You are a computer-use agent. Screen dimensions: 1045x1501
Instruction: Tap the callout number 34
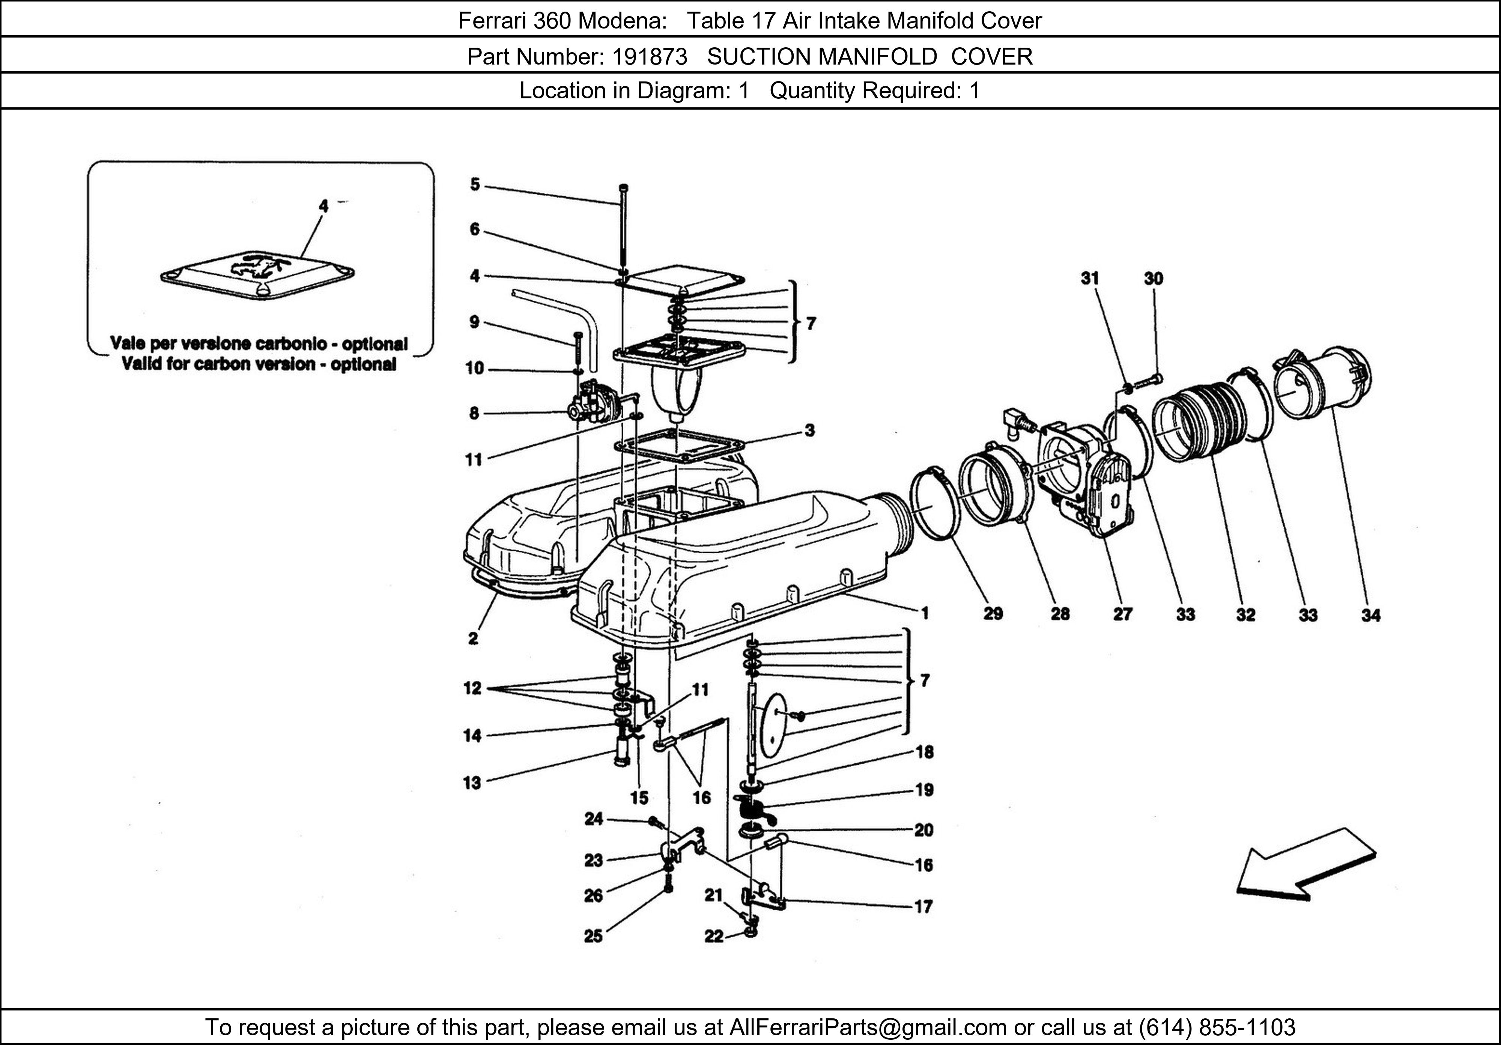(1370, 615)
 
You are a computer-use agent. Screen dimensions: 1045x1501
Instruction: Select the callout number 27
(1122, 614)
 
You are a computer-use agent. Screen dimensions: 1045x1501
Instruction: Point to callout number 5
(475, 184)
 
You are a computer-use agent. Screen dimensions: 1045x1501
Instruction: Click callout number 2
(473, 639)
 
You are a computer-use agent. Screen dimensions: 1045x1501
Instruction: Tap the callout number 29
(993, 613)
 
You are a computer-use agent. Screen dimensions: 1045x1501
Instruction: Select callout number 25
(593, 936)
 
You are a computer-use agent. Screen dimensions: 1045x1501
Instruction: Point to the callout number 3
(809, 430)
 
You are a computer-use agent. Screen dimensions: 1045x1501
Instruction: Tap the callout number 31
(1089, 279)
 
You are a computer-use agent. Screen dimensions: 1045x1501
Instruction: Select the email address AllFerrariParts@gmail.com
(868, 1027)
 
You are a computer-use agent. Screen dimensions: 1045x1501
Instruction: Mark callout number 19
(924, 790)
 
